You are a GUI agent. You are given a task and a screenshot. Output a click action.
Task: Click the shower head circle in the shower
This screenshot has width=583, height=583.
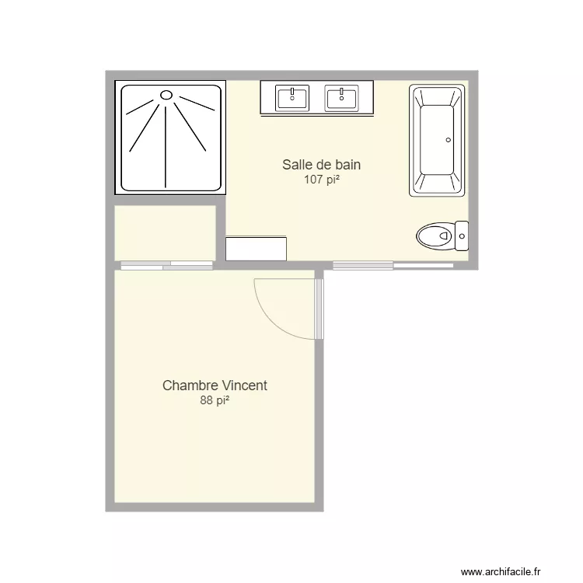point(166,95)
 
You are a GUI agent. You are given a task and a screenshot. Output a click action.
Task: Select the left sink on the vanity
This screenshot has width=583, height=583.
point(292,98)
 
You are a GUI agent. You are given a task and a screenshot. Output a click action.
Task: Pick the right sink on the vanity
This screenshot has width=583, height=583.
point(342,98)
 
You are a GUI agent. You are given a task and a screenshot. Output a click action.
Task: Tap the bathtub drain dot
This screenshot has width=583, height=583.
point(448,141)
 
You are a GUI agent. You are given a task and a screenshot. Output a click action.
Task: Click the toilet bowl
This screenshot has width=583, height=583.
point(434,235)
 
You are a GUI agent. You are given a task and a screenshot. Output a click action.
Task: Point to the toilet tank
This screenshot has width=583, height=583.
point(462,234)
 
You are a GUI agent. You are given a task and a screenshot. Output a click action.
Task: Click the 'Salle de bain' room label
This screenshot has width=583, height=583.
point(321,165)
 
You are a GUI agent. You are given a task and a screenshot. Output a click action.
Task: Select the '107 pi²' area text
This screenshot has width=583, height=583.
point(321,180)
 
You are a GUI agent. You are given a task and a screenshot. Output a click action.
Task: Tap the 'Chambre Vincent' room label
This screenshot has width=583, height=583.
point(215,386)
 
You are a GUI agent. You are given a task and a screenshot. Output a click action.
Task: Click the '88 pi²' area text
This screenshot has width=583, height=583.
point(215,400)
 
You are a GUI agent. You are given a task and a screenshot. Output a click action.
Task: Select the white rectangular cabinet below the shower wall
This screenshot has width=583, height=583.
point(256,249)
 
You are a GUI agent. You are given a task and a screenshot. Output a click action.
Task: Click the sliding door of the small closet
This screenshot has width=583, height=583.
point(166,266)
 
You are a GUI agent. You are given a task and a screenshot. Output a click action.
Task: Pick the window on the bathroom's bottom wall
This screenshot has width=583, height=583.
point(393,265)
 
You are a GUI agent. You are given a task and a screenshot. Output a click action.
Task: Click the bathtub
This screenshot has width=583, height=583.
point(437,140)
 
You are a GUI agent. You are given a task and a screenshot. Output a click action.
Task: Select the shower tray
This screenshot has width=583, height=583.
point(172,137)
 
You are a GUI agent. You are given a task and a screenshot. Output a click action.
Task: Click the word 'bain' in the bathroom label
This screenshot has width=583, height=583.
point(347,165)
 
